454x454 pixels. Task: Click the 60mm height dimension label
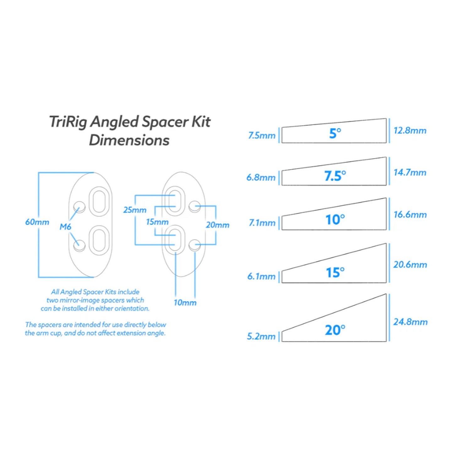click(x=37, y=222)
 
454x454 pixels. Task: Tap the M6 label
click(x=65, y=226)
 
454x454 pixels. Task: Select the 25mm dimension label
click(x=135, y=210)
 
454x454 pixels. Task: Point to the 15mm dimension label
click(x=157, y=222)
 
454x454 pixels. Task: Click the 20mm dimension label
click(x=217, y=225)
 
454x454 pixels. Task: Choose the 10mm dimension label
click(x=185, y=303)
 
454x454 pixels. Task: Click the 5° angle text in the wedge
click(x=335, y=134)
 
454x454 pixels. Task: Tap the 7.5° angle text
click(x=335, y=176)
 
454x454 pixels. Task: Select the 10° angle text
click(x=335, y=219)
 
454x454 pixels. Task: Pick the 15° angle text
click(x=335, y=272)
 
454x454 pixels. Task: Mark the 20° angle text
click(x=335, y=330)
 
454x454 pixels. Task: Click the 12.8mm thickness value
click(x=410, y=130)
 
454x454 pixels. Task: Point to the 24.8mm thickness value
click(x=410, y=322)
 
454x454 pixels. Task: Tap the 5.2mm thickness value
click(x=261, y=336)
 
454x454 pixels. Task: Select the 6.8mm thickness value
click(x=261, y=178)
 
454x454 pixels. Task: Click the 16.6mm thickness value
click(x=410, y=215)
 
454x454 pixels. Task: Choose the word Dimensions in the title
click(x=129, y=140)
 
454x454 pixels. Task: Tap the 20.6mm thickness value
click(x=410, y=265)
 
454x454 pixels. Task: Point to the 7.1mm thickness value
click(x=262, y=223)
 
